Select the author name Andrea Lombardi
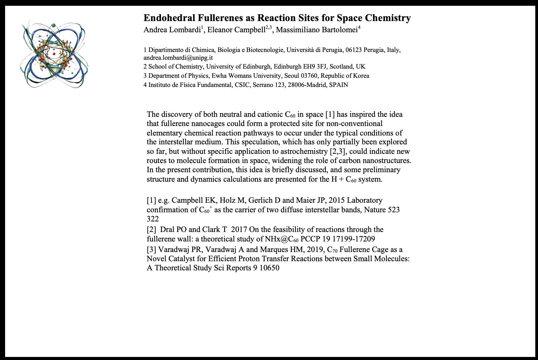(x=172, y=30)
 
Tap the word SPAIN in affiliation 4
(x=339, y=85)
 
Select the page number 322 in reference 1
(x=153, y=219)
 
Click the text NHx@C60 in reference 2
(x=282, y=239)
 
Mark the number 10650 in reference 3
(x=268, y=268)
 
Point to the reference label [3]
(x=151, y=250)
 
